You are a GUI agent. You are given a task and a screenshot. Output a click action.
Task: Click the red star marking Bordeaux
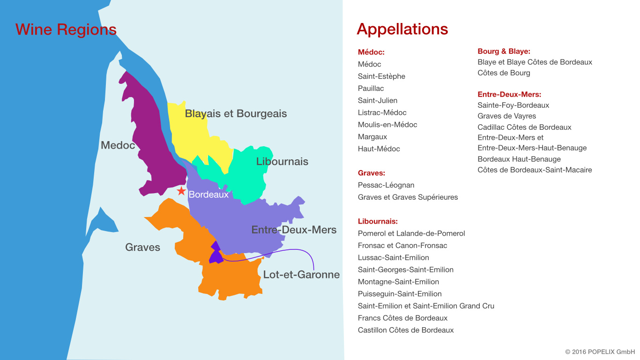(181, 191)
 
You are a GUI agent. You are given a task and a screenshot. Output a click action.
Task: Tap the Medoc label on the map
(118, 145)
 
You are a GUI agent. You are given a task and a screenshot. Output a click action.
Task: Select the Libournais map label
(282, 162)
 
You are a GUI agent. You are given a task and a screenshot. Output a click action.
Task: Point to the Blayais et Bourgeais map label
(236, 113)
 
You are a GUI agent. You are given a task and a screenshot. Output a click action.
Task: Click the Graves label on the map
(142, 247)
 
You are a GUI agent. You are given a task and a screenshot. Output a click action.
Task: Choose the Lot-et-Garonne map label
(301, 275)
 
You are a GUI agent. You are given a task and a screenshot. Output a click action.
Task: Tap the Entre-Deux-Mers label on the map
(294, 230)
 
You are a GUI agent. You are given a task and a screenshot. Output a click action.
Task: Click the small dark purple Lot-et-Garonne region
(216, 254)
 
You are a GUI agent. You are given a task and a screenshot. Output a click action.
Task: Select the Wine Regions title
(66, 30)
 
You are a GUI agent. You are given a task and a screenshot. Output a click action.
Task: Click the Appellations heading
(402, 29)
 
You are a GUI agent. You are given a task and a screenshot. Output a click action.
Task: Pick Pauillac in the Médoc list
(371, 88)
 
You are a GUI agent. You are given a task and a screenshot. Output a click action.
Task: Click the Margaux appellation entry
(372, 137)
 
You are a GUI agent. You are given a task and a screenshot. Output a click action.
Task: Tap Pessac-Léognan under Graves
(386, 185)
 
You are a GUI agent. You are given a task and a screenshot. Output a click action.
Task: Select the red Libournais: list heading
(378, 221)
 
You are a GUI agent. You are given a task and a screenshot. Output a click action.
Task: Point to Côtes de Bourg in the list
(504, 73)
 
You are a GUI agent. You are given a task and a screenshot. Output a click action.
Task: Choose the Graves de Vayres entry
(506, 116)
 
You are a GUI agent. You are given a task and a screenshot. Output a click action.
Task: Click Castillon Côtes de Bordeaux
(406, 330)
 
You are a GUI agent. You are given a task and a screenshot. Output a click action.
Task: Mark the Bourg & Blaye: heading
(504, 51)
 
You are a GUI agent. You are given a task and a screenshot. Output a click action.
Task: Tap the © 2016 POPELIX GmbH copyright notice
(600, 352)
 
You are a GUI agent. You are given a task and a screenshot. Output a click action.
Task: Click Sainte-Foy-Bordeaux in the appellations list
(513, 105)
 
